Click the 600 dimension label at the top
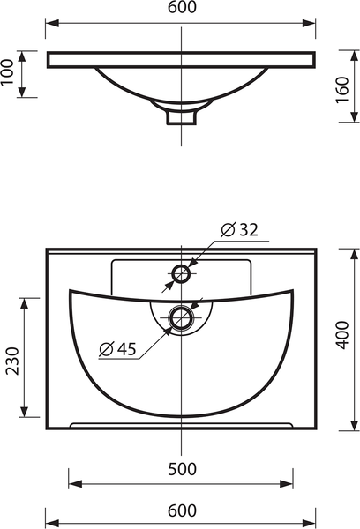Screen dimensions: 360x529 182,7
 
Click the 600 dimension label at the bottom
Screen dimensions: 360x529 182,510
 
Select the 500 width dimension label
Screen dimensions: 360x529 182,469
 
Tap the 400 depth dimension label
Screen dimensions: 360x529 342,335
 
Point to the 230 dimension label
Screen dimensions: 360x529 13,361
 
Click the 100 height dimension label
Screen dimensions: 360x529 7,72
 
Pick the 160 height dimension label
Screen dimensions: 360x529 342,90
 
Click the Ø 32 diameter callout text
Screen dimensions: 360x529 239,230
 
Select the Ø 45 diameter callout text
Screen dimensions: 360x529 118,348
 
